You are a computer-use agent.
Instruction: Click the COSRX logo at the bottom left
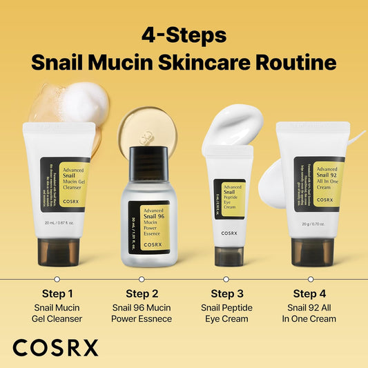(55, 347)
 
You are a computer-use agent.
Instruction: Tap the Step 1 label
(57, 293)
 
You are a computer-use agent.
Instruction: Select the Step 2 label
(142, 293)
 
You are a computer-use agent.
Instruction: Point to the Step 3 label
(226, 293)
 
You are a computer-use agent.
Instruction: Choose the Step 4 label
(310, 293)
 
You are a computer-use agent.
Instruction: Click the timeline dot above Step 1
(57, 279)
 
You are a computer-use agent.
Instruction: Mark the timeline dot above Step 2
(142, 279)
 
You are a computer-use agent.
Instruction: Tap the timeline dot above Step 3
(226, 279)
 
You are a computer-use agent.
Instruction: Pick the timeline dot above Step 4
(310, 279)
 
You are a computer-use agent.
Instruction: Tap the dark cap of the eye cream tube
(226, 256)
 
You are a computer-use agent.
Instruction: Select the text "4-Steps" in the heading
(183, 35)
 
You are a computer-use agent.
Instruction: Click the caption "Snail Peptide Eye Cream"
(226, 313)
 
